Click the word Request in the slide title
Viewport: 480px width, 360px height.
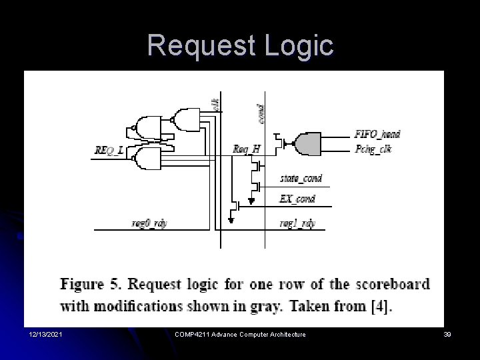[x=201, y=46]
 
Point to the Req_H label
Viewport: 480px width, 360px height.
[x=247, y=149]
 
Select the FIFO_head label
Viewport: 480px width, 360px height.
[x=377, y=134]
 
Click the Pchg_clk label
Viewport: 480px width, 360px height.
[x=373, y=148]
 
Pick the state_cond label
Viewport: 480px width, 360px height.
[x=301, y=178]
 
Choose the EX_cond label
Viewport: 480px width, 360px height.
[x=297, y=199]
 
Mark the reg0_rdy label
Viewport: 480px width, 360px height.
[x=149, y=223]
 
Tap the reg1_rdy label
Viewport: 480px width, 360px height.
[x=297, y=223]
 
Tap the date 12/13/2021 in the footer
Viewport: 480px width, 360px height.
[x=46, y=334]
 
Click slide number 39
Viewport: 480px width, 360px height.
[x=447, y=334]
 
